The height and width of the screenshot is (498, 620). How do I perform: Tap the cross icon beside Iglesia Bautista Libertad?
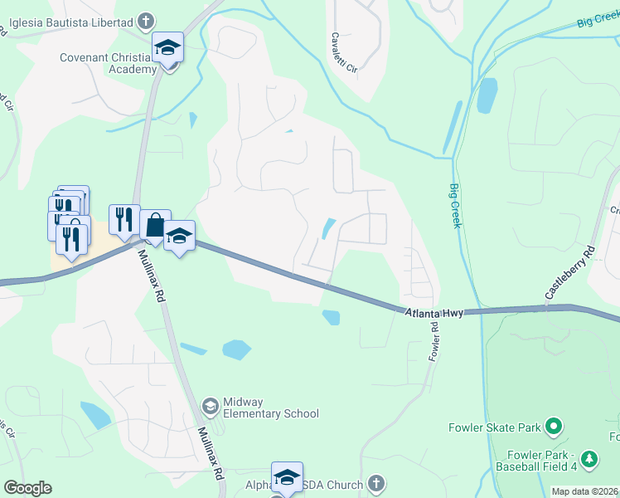pos(146,20)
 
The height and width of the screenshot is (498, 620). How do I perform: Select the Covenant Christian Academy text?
pos(108,63)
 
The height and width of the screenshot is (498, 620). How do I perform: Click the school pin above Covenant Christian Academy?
pos(167,48)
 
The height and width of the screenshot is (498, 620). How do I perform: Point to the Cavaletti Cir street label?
pos(343,54)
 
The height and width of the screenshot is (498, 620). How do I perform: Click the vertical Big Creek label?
pos(455,207)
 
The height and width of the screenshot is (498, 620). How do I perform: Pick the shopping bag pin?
pos(155,224)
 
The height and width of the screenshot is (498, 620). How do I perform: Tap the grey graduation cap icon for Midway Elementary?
pos(211,406)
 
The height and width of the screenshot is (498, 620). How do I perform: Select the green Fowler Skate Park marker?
pos(555,428)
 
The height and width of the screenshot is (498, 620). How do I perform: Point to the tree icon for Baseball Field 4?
pos(589,457)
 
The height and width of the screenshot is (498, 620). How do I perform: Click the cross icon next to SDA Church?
pos(376,484)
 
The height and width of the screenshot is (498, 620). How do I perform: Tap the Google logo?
pos(27,488)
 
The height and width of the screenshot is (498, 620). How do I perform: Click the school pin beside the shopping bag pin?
pos(179,237)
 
